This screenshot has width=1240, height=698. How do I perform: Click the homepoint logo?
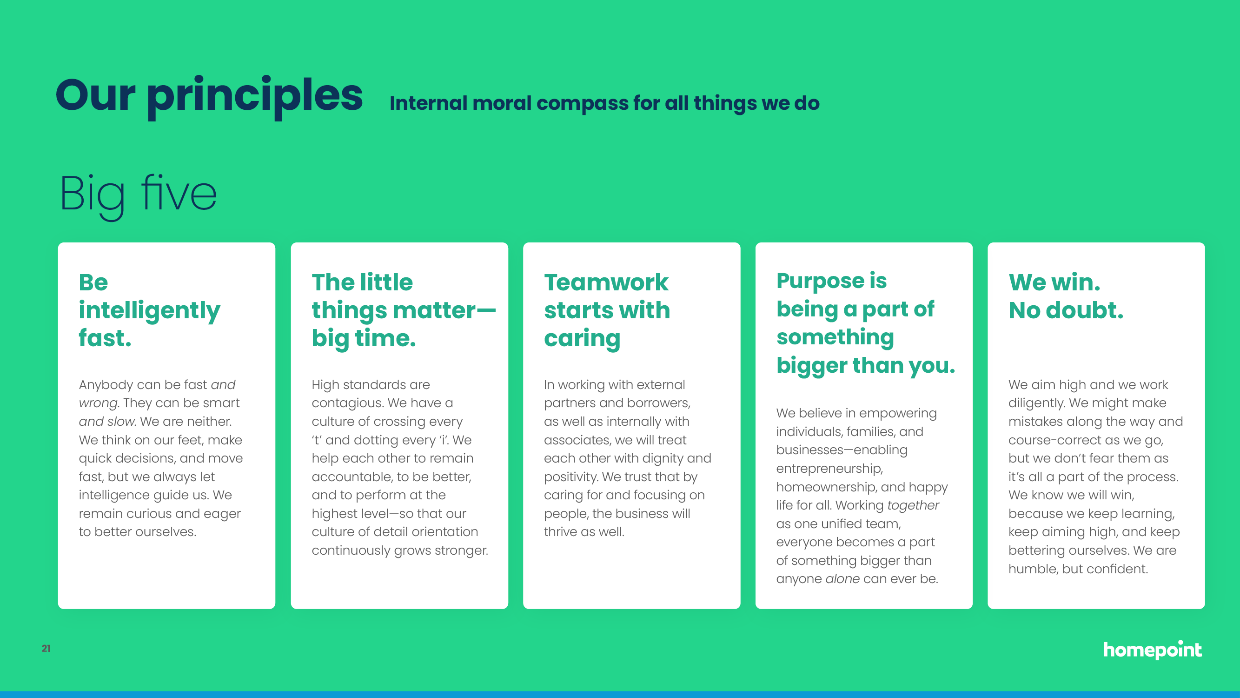click(1153, 650)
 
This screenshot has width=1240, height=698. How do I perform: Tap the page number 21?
click(46, 648)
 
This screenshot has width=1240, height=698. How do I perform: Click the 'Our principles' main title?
click(209, 96)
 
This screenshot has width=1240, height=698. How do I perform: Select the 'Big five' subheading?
click(138, 195)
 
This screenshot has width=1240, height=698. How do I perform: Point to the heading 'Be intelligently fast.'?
click(149, 310)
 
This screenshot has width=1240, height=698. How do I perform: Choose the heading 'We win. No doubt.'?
click(1066, 296)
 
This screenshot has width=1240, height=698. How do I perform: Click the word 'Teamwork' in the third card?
click(606, 282)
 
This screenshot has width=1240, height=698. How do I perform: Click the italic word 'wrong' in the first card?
click(98, 403)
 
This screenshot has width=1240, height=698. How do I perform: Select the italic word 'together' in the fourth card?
click(913, 505)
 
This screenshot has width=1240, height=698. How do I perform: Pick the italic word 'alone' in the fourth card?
click(842, 578)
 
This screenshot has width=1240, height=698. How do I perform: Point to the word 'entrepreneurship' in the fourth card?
click(829, 469)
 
